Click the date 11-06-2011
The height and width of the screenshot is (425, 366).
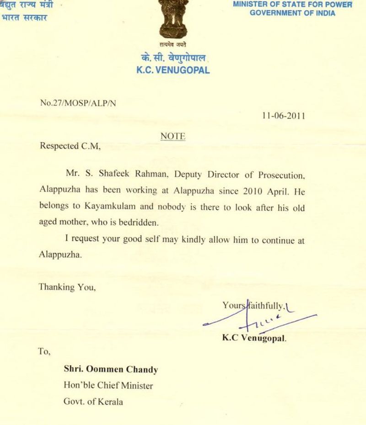pos(283,116)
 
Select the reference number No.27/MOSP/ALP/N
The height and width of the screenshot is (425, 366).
pos(78,103)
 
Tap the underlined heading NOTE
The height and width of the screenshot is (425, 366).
pos(173,136)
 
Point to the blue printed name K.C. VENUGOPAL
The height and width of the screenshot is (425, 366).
pos(173,70)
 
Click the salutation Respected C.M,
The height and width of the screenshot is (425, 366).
pos(70,146)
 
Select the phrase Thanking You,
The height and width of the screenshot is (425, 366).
pos(67,287)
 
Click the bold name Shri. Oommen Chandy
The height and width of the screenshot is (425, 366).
pos(111,370)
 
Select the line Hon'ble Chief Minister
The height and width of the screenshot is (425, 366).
pos(108,386)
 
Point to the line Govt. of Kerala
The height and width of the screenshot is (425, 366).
pos(93,402)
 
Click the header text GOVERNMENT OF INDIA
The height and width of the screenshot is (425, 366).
pos(292,13)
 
